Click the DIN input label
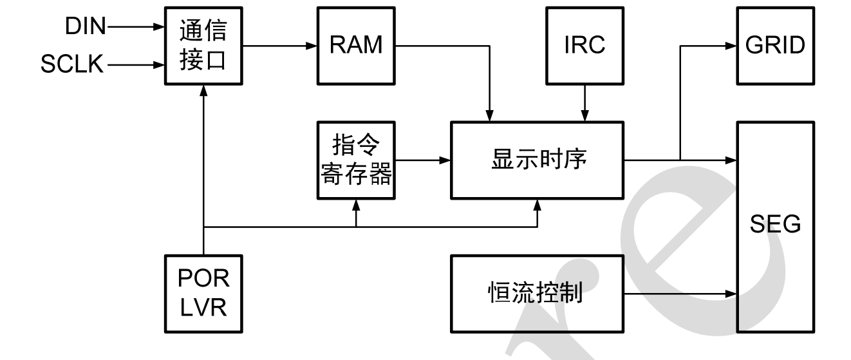[85, 27]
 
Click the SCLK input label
[72, 65]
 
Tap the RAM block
[356, 46]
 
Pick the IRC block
[584, 46]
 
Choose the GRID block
[775, 46]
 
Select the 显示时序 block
[538, 159]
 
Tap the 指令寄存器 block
[356, 160]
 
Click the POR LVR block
[203, 294]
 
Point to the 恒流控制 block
[538, 294]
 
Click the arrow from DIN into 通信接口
[135, 27]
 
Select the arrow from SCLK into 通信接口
[135, 65]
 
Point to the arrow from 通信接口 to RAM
[281, 46]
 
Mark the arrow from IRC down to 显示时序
[584, 103]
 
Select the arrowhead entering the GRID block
[731, 46]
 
